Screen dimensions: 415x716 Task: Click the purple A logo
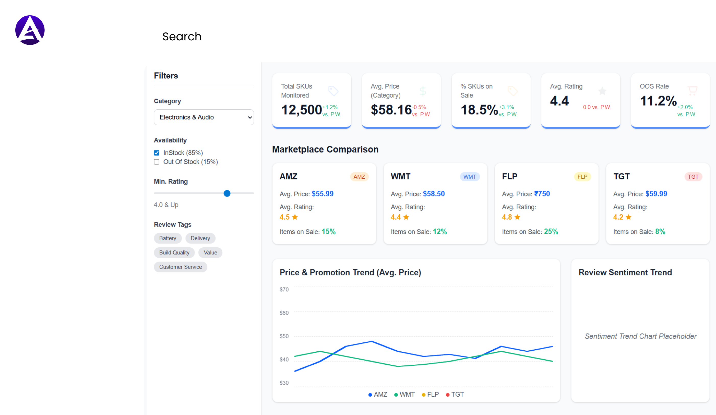[30, 30]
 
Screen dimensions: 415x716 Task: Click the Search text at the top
[182, 36]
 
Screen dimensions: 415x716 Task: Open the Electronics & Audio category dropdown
[204, 117]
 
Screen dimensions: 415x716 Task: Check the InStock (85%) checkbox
[157, 153]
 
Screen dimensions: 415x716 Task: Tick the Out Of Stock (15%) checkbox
[157, 162]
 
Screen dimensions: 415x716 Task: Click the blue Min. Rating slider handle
[227, 193]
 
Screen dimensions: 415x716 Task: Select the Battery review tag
[168, 238]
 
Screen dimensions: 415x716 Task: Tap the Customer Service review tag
[181, 267]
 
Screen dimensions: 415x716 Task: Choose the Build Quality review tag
[174, 253]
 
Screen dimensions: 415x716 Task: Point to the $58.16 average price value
[391, 110]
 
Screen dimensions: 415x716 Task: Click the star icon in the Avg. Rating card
[602, 91]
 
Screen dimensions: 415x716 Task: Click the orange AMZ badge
[359, 177]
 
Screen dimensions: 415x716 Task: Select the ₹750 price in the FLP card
[542, 194]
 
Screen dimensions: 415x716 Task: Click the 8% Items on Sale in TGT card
[660, 232]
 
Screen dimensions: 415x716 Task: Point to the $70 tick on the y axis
[284, 289]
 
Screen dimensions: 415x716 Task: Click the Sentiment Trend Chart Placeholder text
[640, 336]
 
